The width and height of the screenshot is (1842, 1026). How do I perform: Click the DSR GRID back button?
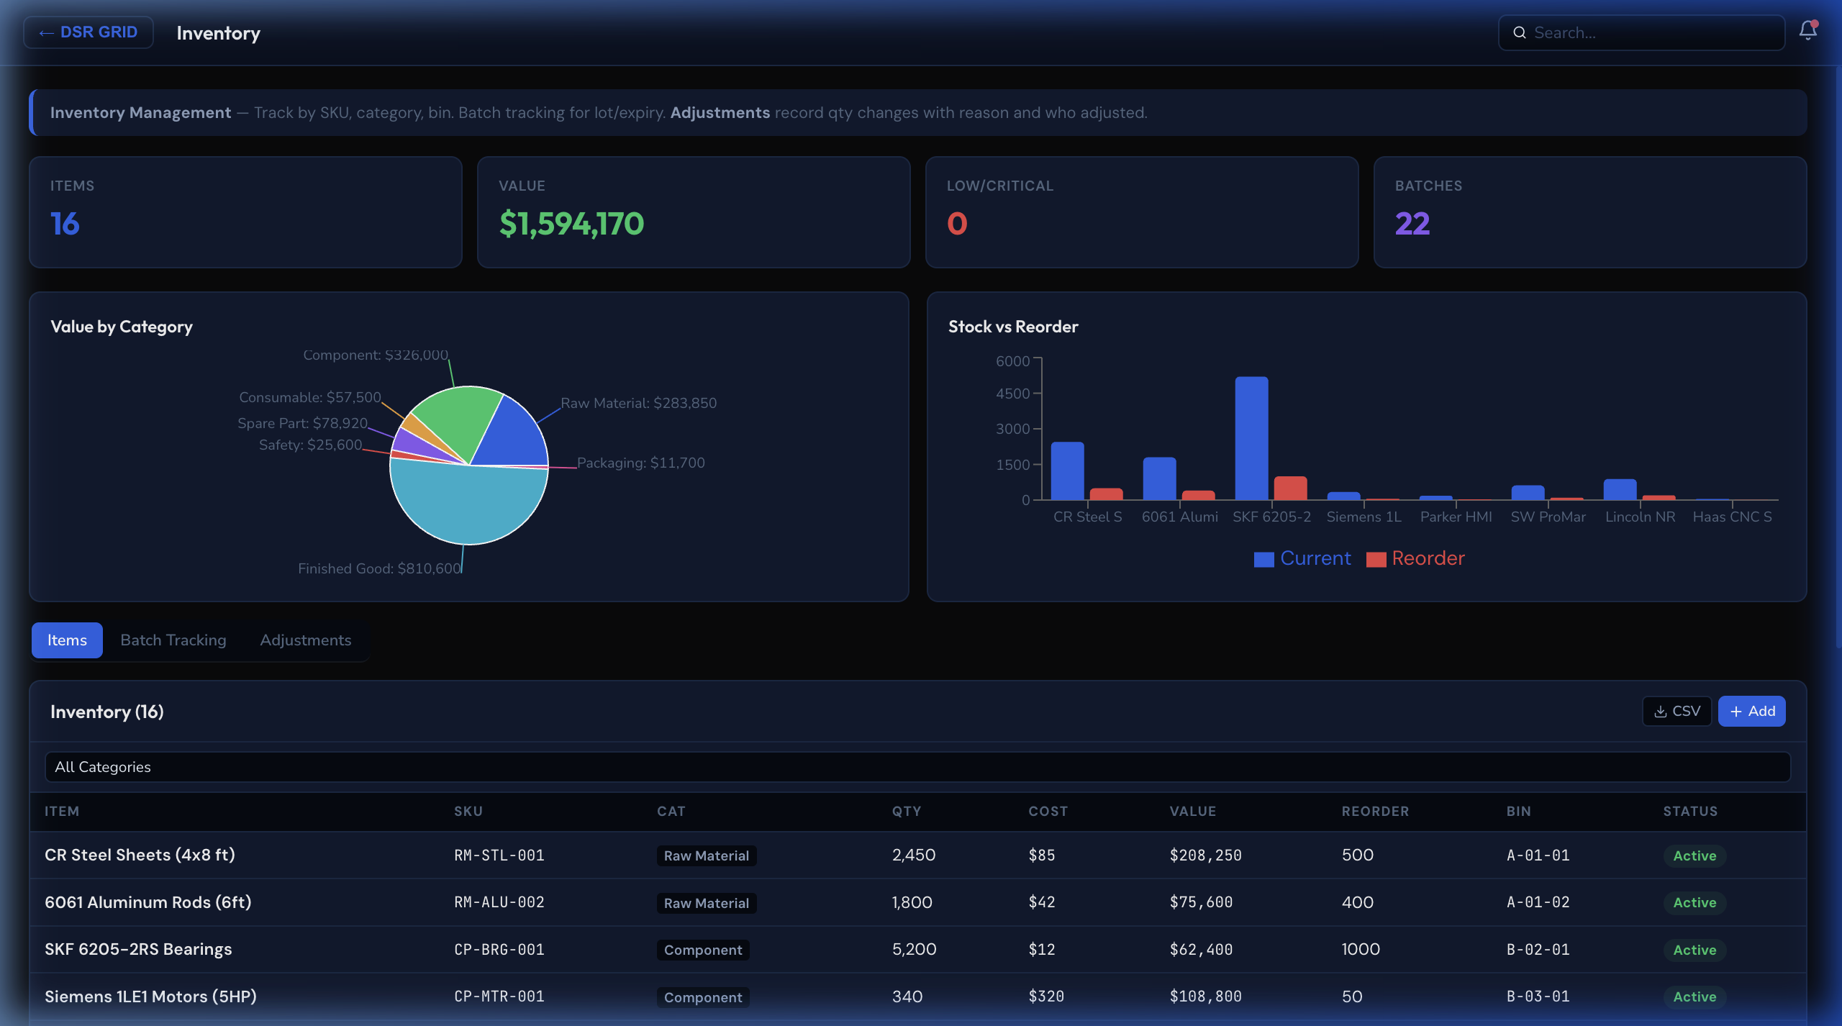[x=89, y=32]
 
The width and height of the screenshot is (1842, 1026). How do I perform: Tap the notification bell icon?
[x=1807, y=31]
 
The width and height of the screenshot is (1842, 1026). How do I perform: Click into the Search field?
[x=1648, y=33]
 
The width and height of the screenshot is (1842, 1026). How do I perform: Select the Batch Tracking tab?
[x=173, y=640]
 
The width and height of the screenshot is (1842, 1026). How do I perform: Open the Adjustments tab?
[x=305, y=640]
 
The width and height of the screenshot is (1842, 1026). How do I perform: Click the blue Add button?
[x=1751, y=711]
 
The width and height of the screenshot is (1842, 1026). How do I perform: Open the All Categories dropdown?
[x=917, y=767]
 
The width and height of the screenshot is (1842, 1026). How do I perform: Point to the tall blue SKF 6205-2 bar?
[x=1251, y=439]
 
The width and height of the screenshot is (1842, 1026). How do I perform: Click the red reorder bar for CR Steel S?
[x=1106, y=494]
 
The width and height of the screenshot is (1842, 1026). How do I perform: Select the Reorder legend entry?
[x=1416, y=558]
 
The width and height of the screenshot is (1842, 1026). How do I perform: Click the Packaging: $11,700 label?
[x=640, y=463]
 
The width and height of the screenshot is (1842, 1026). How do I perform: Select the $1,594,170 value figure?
[x=571, y=224]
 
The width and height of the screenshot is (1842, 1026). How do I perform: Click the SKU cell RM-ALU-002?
[x=499, y=902]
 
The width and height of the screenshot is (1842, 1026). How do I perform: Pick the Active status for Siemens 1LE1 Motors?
[x=1694, y=997]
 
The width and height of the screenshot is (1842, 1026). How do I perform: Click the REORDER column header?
[x=1374, y=812]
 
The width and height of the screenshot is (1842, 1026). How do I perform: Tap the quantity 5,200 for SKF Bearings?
[x=914, y=950]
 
